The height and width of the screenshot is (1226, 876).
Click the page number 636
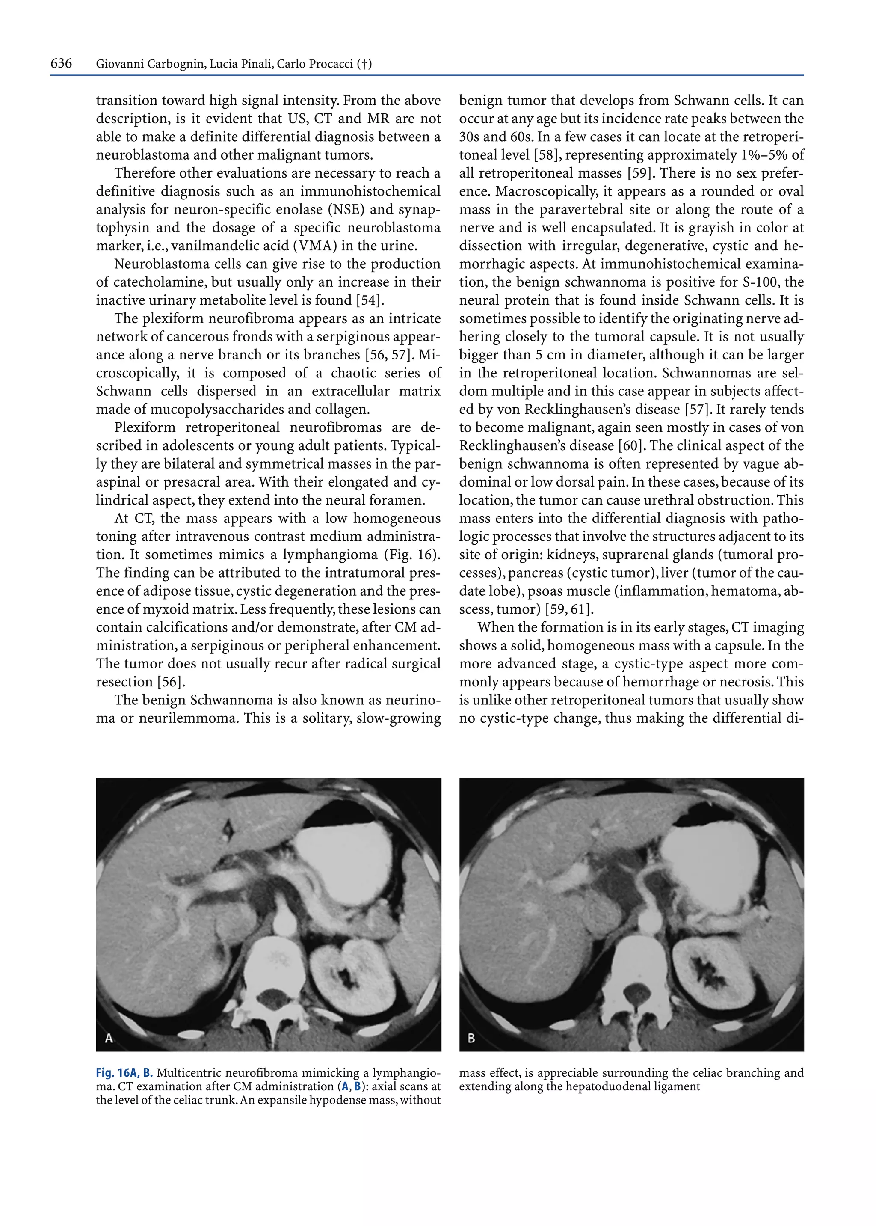tap(61, 64)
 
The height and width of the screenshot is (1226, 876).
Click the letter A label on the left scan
tap(108, 1038)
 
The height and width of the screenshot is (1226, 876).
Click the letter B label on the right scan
tap(471, 1038)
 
